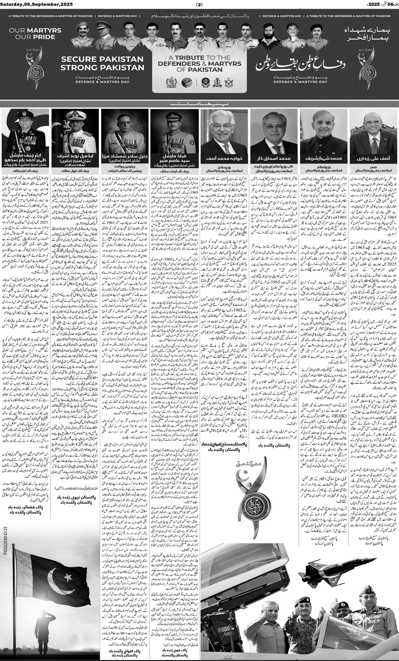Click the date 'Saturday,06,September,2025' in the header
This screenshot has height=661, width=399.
[x=33, y=4]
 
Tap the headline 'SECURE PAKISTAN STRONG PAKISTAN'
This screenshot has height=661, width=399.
[x=102, y=63]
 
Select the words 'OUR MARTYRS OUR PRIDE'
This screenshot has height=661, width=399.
[x=35, y=34]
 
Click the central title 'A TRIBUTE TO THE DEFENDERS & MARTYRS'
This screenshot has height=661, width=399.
[x=199, y=64]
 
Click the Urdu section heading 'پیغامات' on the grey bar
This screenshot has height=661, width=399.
[x=199, y=103]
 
